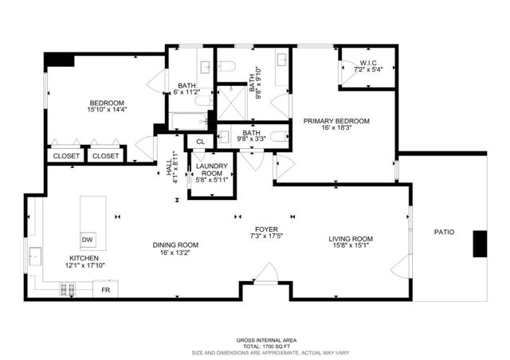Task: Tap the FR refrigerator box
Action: (106, 291)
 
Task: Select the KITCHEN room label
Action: (84, 258)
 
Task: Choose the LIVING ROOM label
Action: (351, 239)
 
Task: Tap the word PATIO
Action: (444, 233)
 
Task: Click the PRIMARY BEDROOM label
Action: (335, 121)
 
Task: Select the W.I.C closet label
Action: (367, 63)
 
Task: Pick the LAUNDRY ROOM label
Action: (212, 170)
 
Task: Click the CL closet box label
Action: (200, 143)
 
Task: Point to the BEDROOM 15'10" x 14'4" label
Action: (106, 104)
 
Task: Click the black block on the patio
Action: (481, 244)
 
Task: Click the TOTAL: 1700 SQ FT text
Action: (254, 346)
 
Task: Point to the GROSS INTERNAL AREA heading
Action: (254, 338)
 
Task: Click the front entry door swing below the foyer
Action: (268, 273)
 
